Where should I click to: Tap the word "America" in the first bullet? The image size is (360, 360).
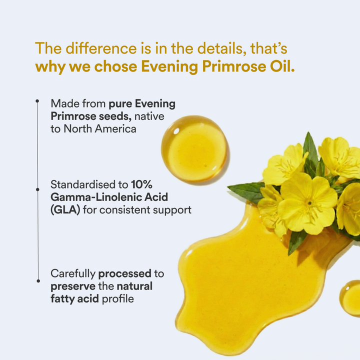113,128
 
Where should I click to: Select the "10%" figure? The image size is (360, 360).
142,184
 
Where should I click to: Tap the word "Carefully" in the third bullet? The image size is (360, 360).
73,274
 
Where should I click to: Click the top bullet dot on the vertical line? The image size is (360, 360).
37,101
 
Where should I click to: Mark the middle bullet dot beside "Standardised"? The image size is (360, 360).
37,189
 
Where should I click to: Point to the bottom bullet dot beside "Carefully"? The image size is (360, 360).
37,280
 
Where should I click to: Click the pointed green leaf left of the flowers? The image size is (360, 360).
246,190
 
